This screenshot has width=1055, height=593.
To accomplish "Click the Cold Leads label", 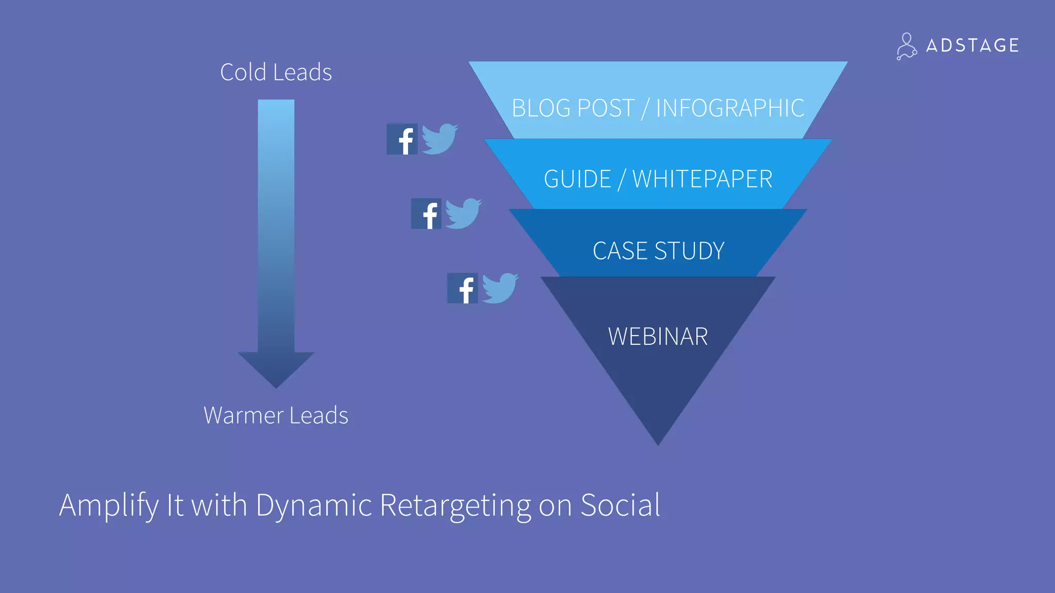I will pos(276,72).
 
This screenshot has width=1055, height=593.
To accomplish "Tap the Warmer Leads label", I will pos(276,415).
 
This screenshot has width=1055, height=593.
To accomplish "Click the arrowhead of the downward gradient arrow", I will pos(276,368).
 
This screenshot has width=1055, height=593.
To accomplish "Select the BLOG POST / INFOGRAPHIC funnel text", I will pos(658,108).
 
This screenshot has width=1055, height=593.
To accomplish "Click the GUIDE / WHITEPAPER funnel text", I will pos(658,179).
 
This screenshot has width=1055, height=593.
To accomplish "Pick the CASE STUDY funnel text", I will pos(658,251).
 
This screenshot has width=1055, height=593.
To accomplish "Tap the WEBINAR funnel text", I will pos(658,337).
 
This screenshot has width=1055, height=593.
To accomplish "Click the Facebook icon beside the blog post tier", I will pos(402,139).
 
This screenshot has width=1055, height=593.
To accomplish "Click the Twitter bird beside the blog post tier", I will pos(439,138).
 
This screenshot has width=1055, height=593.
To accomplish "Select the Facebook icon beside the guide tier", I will pos(427,214).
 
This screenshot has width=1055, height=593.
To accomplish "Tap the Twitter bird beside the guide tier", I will pos(463,213).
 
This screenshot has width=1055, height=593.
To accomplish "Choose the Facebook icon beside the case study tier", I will pos(463,288).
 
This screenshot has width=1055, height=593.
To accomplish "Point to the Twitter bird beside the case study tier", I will pos(500,288).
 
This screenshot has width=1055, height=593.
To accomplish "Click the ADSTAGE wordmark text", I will pos(972,45).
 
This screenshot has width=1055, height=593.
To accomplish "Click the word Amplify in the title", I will pos(109,505).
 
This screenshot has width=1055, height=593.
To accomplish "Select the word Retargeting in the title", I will pos(455,505).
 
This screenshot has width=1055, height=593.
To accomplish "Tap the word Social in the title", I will pos(620,505).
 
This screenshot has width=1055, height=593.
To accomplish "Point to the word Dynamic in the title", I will pos(314,505).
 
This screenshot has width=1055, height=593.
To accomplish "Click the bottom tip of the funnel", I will pos(658,440).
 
